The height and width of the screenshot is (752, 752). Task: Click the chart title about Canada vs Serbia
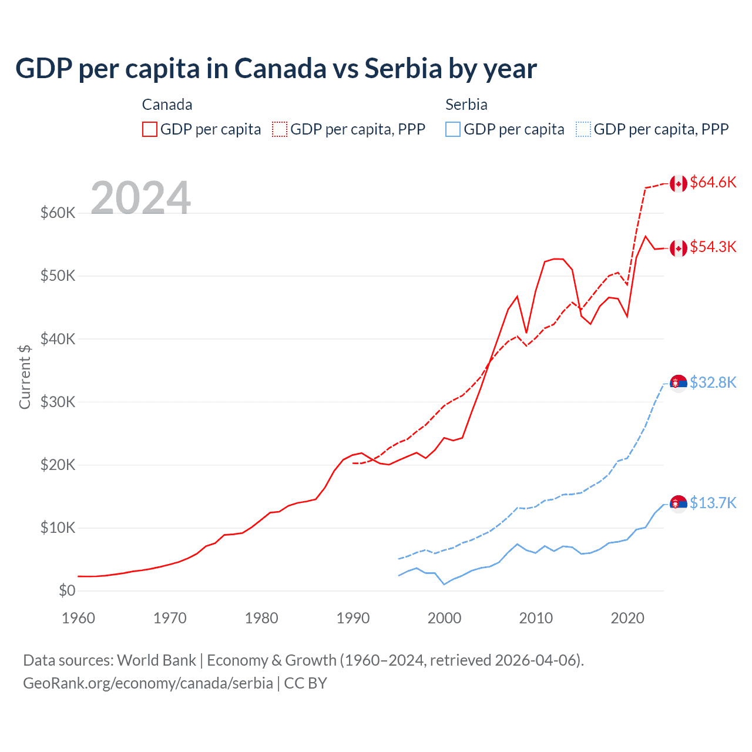click(x=276, y=68)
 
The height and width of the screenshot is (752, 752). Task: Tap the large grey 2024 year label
click(x=141, y=198)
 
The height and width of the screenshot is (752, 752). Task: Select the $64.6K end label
click(x=713, y=182)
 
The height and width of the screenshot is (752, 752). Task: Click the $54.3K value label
click(x=713, y=247)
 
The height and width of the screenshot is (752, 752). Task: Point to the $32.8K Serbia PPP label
click(x=713, y=382)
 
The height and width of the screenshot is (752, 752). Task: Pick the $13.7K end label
click(x=713, y=503)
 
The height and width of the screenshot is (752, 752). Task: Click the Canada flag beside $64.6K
click(x=679, y=183)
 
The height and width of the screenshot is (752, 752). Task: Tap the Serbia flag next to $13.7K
click(x=679, y=504)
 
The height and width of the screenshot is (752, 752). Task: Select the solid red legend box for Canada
click(x=150, y=129)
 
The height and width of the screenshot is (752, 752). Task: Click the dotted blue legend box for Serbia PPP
click(x=583, y=129)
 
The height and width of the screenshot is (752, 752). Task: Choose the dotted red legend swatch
click(x=280, y=129)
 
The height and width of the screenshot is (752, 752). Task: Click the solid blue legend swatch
click(x=453, y=129)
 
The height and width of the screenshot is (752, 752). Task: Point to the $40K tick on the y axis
click(x=58, y=339)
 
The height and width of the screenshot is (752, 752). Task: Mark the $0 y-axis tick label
click(x=67, y=590)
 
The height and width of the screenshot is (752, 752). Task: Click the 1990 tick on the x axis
click(x=353, y=618)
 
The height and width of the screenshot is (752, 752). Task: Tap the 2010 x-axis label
click(x=536, y=618)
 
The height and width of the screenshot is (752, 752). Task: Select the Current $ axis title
click(x=25, y=377)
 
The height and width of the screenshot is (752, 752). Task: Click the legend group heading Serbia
click(x=466, y=105)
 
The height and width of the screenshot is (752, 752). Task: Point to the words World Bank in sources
click(x=156, y=660)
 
